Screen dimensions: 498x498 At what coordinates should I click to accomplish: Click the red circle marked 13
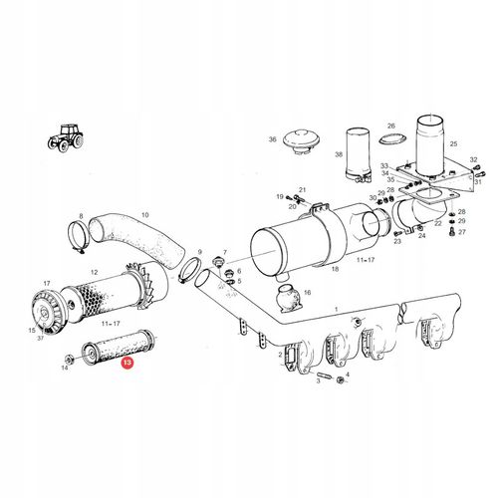tap(127, 363)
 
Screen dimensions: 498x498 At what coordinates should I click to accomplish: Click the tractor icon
tap(66, 137)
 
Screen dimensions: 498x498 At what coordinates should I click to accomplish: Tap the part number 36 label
tap(272, 139)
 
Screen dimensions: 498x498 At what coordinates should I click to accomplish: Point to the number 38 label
tap(339, 154)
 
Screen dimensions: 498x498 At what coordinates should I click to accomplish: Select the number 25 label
tap(453, 143)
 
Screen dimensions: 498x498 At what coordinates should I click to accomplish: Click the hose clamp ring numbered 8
tap(79, 236)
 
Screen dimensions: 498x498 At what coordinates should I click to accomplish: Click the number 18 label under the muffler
tap(335, 269)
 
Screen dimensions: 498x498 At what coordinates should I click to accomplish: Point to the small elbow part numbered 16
tap(288, 298)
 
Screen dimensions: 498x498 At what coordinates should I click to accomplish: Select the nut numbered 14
tap(69, 360)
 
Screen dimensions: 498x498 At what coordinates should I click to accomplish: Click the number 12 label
tap(95, 272)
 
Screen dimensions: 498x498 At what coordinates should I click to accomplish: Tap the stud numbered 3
tap(324, 375)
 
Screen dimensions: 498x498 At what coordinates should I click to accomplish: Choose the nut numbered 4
tap(340, 380)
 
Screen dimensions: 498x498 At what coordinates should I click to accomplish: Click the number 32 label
tap(473, 159)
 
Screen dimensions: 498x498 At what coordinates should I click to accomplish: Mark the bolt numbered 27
tap(452, 231)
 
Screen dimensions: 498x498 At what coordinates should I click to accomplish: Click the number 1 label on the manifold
tap(337, 310)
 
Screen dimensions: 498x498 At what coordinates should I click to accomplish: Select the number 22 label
tap(438, 223)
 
